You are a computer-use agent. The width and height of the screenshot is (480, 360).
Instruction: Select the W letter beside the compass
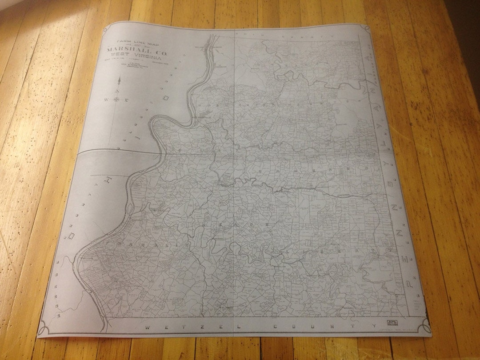pos(107,100)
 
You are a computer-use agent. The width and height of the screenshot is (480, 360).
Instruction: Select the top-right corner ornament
pos(365,28)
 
